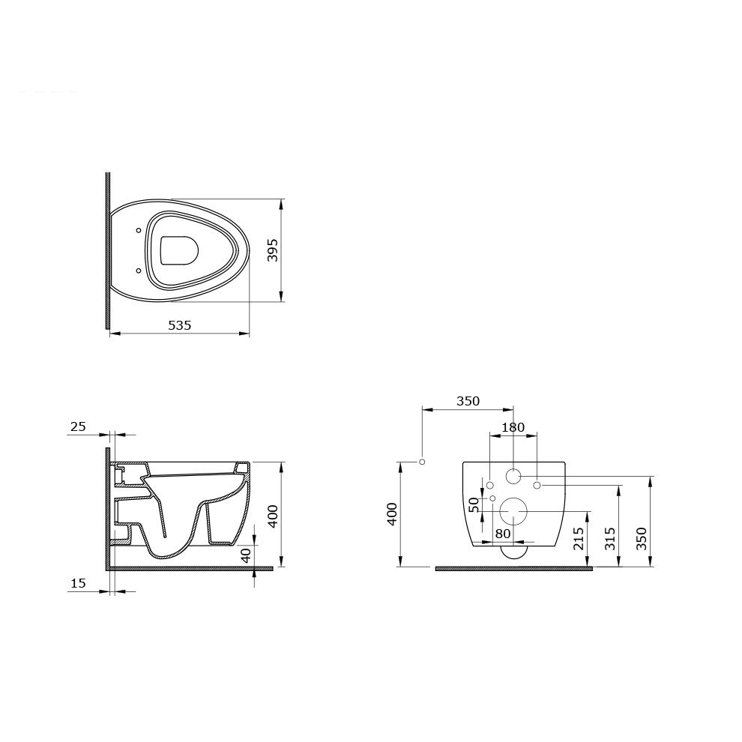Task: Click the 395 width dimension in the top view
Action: tap(273, 250)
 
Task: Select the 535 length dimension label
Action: tap(180, 325)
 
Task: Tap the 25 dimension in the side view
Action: tap(78, 426)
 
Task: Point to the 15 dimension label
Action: tap(78, 583)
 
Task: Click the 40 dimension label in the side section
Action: tap(246, 555)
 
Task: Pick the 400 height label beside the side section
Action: tap(273, 516)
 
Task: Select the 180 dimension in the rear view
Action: tap(513, 427)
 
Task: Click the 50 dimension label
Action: tap(474, 504)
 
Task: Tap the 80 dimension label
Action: tap(503, 534)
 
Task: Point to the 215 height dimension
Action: tap(579, 539)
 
